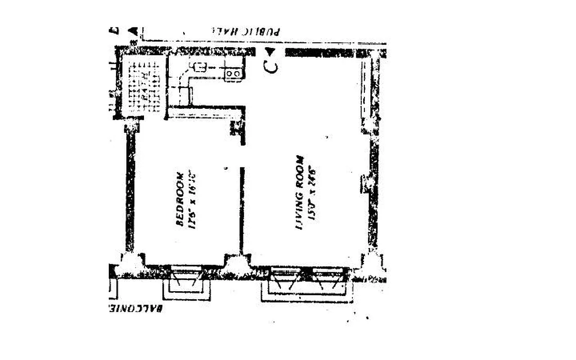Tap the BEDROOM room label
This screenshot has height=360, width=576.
pos(180,198)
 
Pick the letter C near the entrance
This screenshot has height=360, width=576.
pos(270,67)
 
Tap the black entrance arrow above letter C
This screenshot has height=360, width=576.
pos(270,51)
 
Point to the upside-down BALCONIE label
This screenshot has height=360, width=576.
pos(135,309)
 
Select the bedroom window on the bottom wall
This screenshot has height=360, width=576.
pos(186,273)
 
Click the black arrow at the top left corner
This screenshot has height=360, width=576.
pos(132,31)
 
